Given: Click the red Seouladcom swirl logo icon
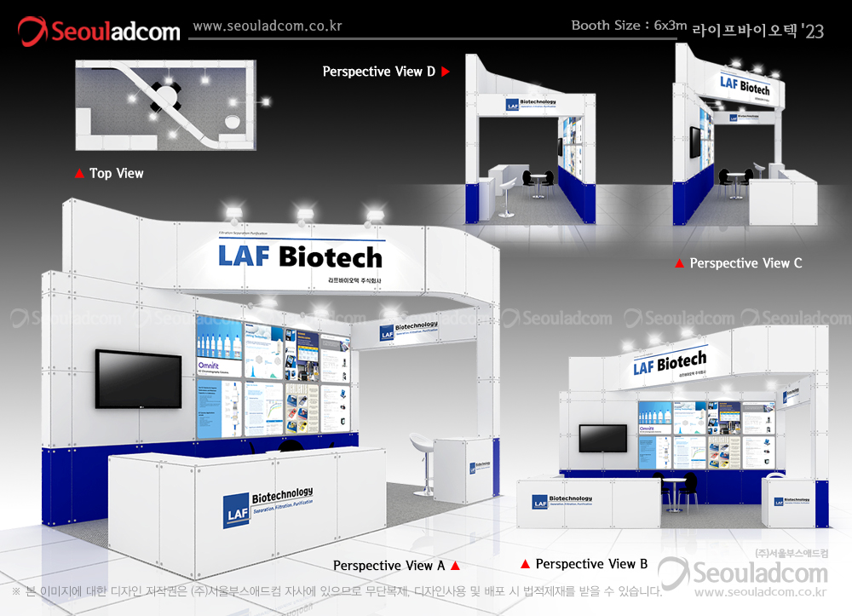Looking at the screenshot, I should (x=33, y=32).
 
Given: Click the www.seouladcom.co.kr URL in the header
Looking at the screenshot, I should (x=267, y=26).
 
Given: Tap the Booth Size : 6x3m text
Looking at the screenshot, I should (x=629, y=26).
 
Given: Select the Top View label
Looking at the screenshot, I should (x=116, y=173).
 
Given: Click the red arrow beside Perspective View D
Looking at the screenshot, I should (x=445, y=72).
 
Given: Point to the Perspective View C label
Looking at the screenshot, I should (x=745, y=263).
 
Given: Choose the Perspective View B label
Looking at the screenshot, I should (x=591, y=564).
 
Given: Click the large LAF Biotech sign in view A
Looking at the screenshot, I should (x=300, y=256).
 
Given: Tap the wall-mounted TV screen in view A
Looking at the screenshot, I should (x=138, y=378).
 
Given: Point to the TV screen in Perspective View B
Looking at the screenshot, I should (x=602, y=437).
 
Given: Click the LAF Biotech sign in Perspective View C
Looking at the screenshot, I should (x=744, y=85).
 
